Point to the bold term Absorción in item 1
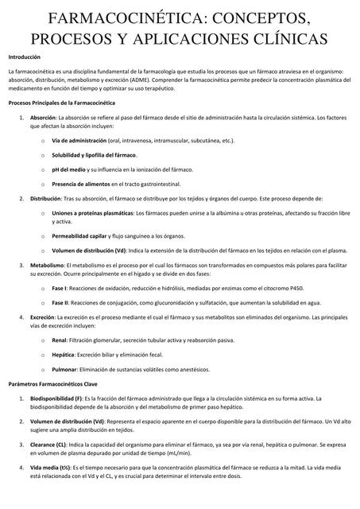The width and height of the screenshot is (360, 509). [x=44, y=117]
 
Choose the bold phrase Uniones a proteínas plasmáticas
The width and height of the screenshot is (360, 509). [x=93, y=214]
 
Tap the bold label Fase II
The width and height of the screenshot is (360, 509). [x=60, y=302]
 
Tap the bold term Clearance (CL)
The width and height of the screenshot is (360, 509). [x=49, y=445]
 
